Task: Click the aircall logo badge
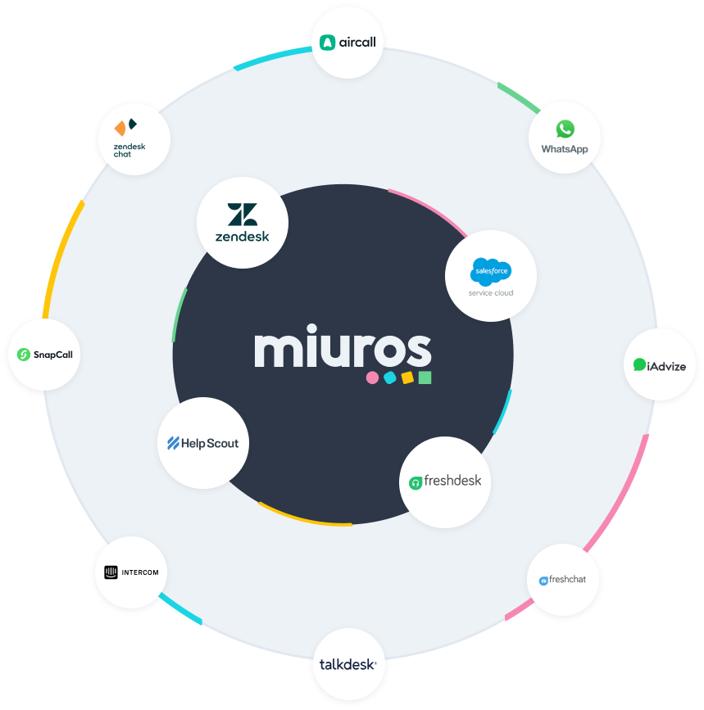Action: (x=348, y=42)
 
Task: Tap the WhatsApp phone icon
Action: (x=565, y=129)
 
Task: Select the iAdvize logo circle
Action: (x=660, y=365)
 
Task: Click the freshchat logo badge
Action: (x=562, y=580)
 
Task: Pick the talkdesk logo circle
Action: (x=348, y=664)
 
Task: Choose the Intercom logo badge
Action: (x=131, y=572)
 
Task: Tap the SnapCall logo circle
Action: (x=44, y=355)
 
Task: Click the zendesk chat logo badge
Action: (x=134, y=138)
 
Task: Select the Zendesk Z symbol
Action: (x=243, y=215)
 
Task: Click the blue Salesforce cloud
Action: (x=491, y=271)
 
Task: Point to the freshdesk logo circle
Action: (x=445, y=482)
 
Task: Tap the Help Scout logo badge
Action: (x=202, y=443)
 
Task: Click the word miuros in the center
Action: (x=343, y=350)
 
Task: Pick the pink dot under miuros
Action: (x=372, y=378)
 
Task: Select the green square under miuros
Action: (x=425, y=378)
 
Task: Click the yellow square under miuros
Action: (x=407, y=378)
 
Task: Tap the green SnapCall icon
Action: (x=24, y=355)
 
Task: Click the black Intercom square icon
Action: (x=107, y=572)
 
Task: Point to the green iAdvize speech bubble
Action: (x=639, y=364)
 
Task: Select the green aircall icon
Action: (x=328, y=42)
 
